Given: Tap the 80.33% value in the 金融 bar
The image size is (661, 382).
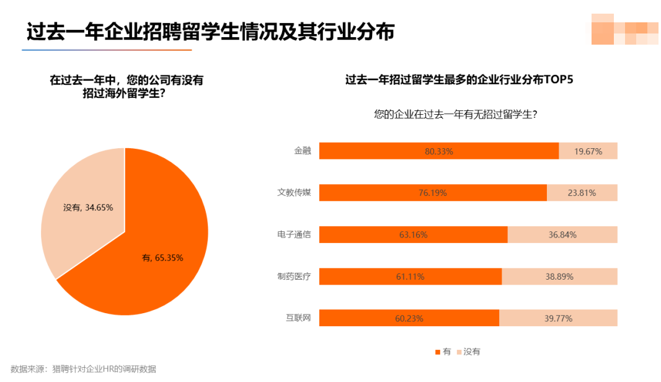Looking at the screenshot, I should (439, 151).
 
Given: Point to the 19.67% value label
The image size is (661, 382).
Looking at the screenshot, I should (588, 151).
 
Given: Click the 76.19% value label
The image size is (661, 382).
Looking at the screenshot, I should (432, 193).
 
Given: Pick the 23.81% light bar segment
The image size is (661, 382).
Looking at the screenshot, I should (582, 193).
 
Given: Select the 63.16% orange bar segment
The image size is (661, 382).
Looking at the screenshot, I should (413, 235).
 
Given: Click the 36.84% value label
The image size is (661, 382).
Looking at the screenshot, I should (562, 235).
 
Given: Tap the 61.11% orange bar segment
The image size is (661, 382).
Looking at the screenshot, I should (410, 277).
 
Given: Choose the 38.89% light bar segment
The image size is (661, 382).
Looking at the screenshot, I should (559, 277).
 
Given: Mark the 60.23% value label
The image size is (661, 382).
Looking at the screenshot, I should (409, 318).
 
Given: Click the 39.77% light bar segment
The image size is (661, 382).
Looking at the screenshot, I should (558, 318).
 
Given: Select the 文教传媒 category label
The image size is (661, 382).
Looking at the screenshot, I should (294, 193).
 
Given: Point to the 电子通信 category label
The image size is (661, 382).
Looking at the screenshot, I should (294, 234).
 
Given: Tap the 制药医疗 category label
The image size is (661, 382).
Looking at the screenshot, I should (294, 277).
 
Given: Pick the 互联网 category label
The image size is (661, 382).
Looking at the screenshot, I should (298, 318).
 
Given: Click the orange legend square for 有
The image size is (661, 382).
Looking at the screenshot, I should (438, 352).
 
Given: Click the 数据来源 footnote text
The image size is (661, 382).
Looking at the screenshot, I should (83, 369).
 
